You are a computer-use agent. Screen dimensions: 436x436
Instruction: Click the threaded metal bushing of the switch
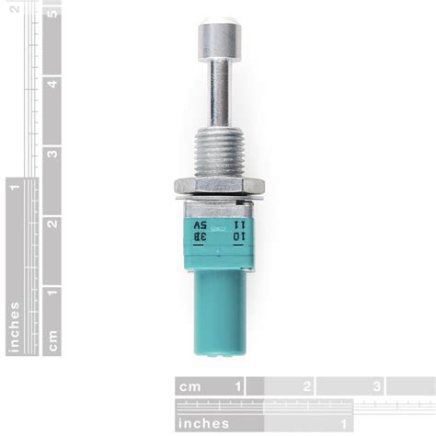tap(218, 152)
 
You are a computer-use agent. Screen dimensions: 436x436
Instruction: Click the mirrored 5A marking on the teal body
tap(199, 224)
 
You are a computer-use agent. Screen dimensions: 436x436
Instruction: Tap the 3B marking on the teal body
tap(199, 236)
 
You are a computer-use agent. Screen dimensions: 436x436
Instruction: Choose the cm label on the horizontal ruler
tap(189, 386)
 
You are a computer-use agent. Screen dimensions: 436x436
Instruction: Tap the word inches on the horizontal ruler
tap(204, 422)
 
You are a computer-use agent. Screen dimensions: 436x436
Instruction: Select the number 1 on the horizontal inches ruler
tap(341, 422)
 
